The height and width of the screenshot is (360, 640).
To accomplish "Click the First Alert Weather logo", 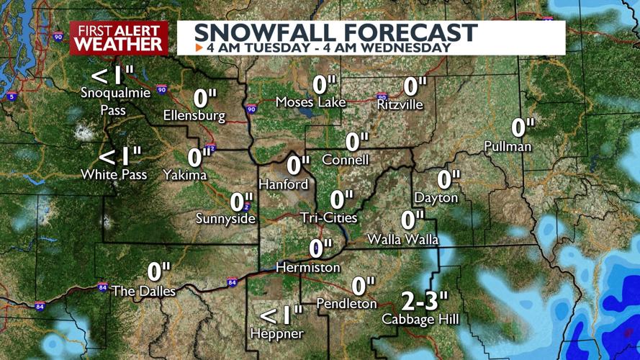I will (x=119, y=37).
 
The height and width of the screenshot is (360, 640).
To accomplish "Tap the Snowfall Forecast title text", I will (x=335, y=32).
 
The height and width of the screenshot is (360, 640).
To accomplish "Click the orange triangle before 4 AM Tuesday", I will (x=199, y=48).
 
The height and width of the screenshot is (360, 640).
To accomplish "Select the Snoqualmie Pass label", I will (x=115, y=101).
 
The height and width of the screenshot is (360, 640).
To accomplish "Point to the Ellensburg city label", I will (x=194, y=115).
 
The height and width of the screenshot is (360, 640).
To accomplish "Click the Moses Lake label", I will (x=311, y=102).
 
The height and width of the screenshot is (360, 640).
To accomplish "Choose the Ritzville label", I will (x=400, y=105).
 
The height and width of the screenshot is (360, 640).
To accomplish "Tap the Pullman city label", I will (x=508, y=147).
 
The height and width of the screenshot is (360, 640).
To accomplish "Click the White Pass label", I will (x=114, y=175).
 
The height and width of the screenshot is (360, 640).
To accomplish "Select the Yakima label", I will (x=185, y=175).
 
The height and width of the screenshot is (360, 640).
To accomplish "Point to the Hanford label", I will (x=283, y=184).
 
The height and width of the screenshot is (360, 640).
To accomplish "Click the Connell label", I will (x=346, y=160).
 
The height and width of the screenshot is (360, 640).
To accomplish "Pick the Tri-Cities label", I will (x=329, y=217).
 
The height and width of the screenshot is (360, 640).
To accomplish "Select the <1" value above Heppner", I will (x=281, y=315).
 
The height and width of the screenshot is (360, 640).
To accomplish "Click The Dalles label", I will (x=143, y=291).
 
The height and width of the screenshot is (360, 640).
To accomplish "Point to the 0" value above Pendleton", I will (x=364, y=286).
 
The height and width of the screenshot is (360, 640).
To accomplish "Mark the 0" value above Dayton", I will (x=448, y=179).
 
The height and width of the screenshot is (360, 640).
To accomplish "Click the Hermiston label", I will (x=308, y=267).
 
